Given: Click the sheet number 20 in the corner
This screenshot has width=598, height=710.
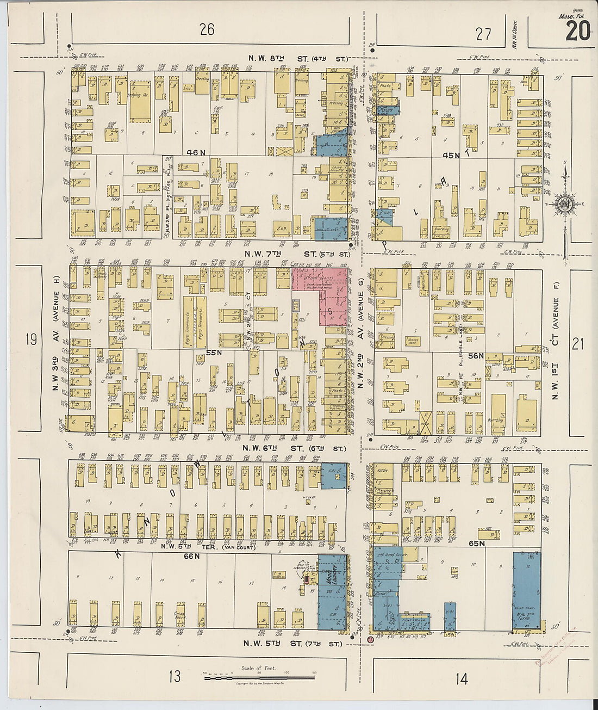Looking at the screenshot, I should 577,31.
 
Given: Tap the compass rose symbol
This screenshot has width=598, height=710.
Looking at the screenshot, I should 564,205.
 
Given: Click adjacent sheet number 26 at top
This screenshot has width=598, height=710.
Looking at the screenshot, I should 207,29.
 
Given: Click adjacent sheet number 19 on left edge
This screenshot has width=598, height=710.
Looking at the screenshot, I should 30,340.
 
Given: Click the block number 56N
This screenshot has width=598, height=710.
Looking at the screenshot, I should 476,355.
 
